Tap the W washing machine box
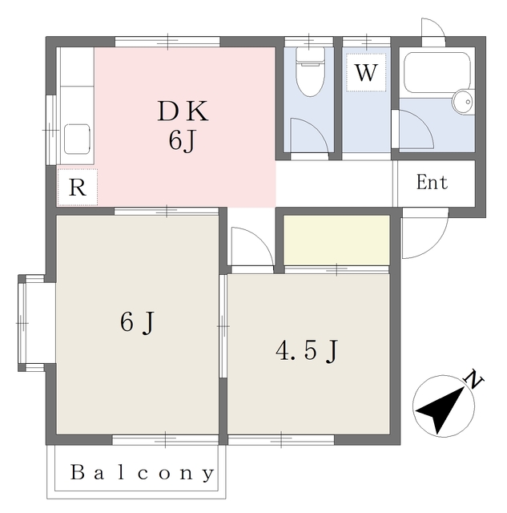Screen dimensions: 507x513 coord(366,72)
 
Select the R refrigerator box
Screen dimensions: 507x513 coord(77,187)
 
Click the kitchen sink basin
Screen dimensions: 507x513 coord(77,139)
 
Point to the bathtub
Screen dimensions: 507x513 coord(437,73)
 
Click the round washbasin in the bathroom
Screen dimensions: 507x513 coord(463,102)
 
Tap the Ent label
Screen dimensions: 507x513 coord(432,183)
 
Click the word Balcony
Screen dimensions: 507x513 coord(143,473)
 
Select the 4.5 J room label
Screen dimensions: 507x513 coord(306,351)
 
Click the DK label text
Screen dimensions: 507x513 coord(183,111)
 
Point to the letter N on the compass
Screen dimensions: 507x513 coord(473,379)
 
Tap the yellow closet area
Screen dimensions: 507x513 coord(336,240)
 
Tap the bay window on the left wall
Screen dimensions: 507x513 coord(31,323)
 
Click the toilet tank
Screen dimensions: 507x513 coord(310,55)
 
